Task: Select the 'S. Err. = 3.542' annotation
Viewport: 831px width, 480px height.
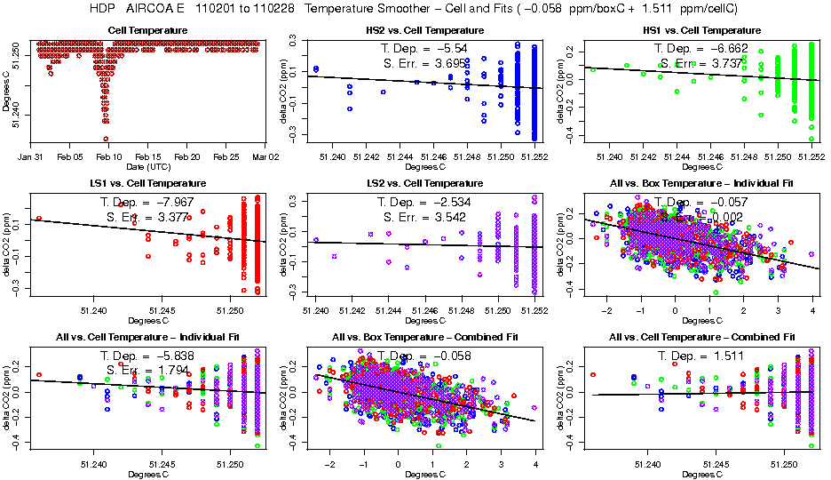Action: coord(423,217)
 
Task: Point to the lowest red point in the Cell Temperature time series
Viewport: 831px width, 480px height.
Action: coord(106,139)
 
